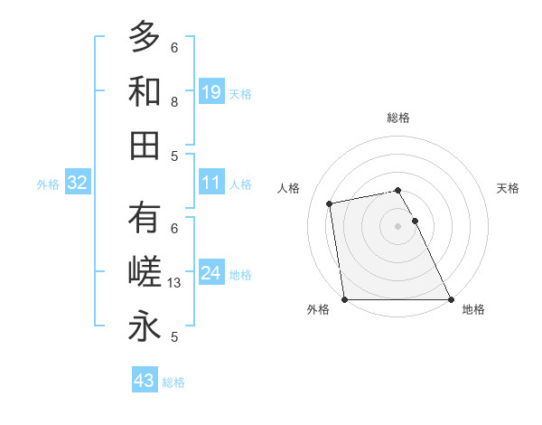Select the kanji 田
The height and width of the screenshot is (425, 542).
(145, 145)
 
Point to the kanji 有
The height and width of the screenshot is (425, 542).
(145, 218)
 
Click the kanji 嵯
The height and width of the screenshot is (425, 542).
(145, 272)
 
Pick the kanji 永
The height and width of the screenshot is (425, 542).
(145, 326)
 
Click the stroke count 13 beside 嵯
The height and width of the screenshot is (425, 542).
(175, 283)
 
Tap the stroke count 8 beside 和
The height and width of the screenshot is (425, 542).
(174, 101)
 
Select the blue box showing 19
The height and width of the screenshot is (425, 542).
(211, 92)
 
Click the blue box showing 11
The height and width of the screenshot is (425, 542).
(211, 184)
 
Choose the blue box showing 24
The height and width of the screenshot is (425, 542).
(211, 274)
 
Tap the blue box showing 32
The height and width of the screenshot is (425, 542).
(78, 184)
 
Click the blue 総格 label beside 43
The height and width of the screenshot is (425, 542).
(173, 382)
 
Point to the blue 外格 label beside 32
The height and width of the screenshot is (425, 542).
(48, 184)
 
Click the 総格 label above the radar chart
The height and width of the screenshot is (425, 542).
(398, 118)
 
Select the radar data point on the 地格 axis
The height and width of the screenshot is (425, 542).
(451, 298)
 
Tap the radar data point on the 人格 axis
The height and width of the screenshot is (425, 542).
(331, 203)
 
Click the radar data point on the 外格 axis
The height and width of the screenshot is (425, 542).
(345, 298)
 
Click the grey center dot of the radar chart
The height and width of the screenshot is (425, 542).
(398, 225)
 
